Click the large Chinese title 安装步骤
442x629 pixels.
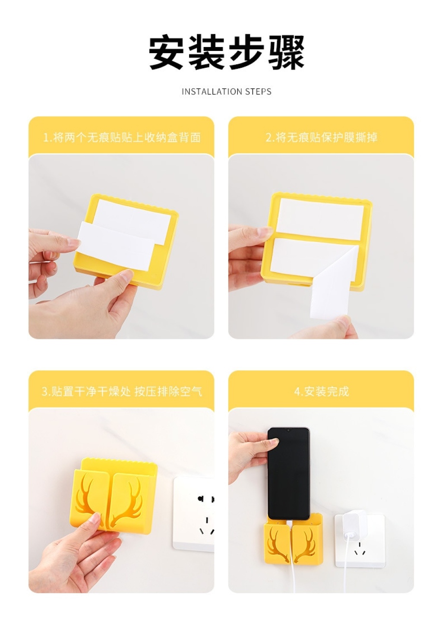(226, 53)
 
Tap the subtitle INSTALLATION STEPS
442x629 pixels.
(226, 92)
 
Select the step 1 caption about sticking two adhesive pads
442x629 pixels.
(122, 137)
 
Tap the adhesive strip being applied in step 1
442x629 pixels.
(116, 245)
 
